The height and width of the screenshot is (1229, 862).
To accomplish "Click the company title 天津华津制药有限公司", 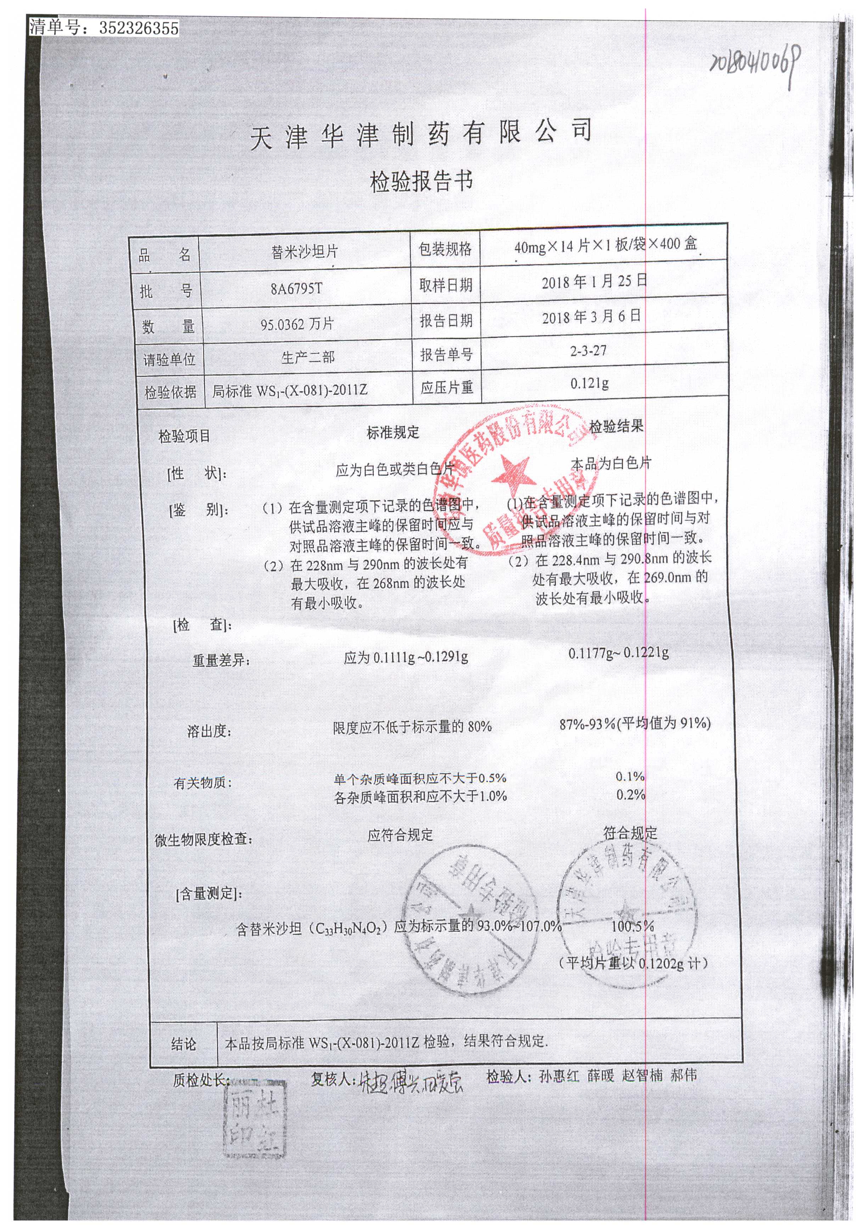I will click(x=421, y=134).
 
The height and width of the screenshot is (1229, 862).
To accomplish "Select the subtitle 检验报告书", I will click(x=422, y=182).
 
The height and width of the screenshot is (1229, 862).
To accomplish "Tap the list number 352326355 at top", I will click(x=139, y=28).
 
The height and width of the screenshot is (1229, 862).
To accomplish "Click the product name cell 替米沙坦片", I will click(x=304, y=252).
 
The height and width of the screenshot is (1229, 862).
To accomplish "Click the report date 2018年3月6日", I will click(x=591, y=316).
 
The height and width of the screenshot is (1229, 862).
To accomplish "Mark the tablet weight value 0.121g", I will click(x=589, y=384).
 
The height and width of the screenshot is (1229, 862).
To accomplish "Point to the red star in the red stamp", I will click(x=511, y=475).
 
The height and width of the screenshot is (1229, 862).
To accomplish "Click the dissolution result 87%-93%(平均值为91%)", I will click(x=635, y=724).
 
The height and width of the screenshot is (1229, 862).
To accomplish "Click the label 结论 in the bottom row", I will click(x=184, y=1043).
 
